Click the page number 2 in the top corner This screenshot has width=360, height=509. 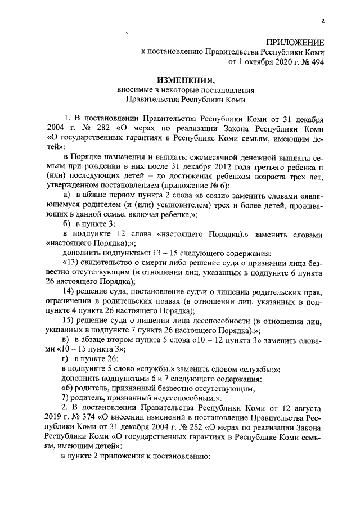coord(323,22)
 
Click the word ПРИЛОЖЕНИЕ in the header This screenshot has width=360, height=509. coord(296,42)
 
